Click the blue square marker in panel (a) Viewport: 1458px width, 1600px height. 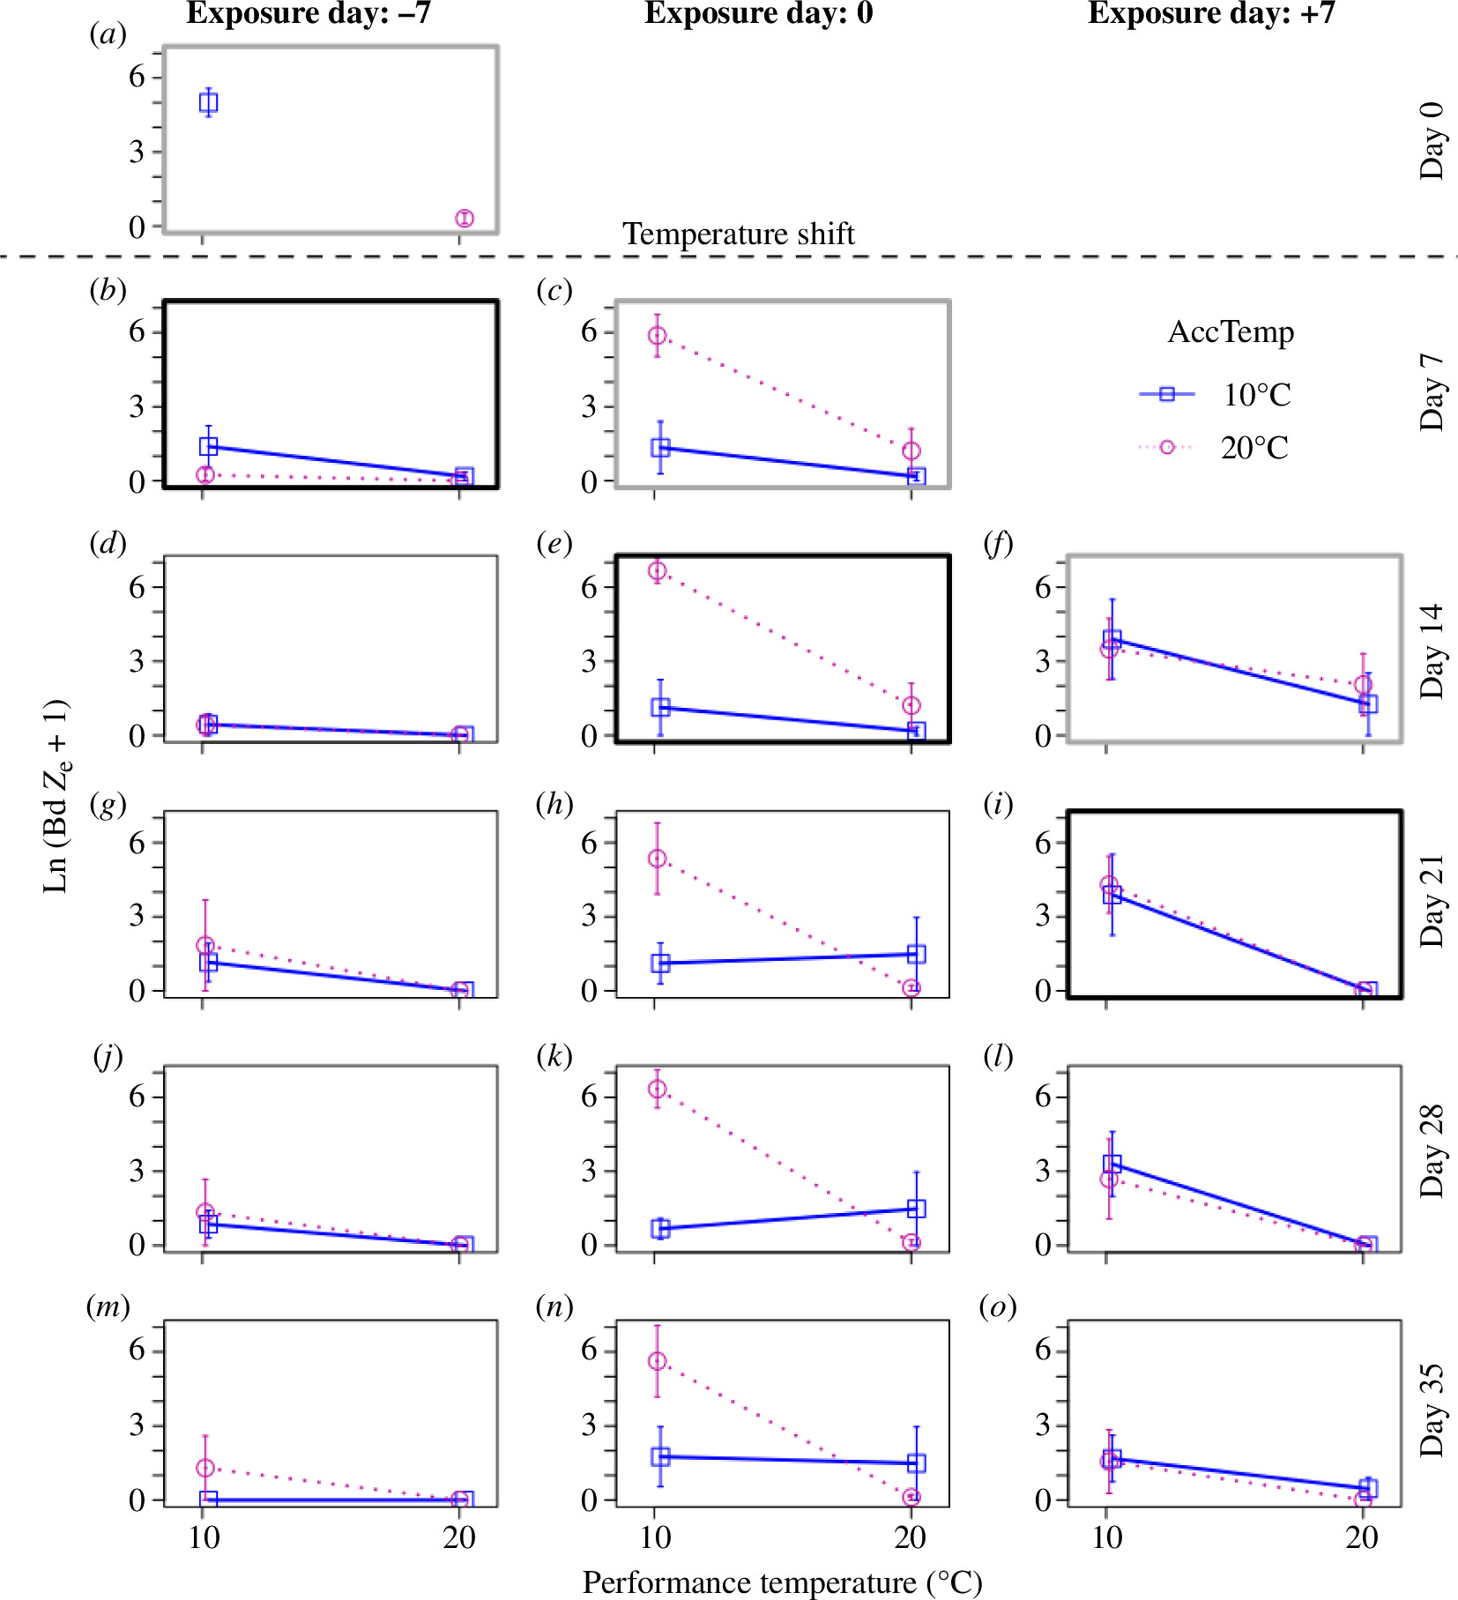pos(208,103)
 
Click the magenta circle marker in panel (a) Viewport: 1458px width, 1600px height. pos(465,218)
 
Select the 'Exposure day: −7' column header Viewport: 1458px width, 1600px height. pos(309,14)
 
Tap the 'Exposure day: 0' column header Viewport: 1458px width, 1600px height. pos(758,14)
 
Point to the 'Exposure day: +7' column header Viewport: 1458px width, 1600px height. pos(1211,14)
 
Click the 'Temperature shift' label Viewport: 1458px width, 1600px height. pos(739,234)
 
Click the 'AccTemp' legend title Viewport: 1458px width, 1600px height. pos(1231,332)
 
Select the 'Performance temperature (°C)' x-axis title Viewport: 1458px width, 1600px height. pos(782,1582)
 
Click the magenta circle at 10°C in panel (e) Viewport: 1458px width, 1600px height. pos(658,570)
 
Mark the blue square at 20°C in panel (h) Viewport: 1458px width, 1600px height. pos(916,954)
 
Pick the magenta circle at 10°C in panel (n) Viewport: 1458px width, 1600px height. pos(658,1361)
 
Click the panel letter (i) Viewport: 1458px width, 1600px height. pos(998,804)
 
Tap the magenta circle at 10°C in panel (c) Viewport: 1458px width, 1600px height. pos(658,335)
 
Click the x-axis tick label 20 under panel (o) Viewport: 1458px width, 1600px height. pos(1362,1538)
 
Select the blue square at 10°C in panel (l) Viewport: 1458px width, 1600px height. pos(1112,1164)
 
